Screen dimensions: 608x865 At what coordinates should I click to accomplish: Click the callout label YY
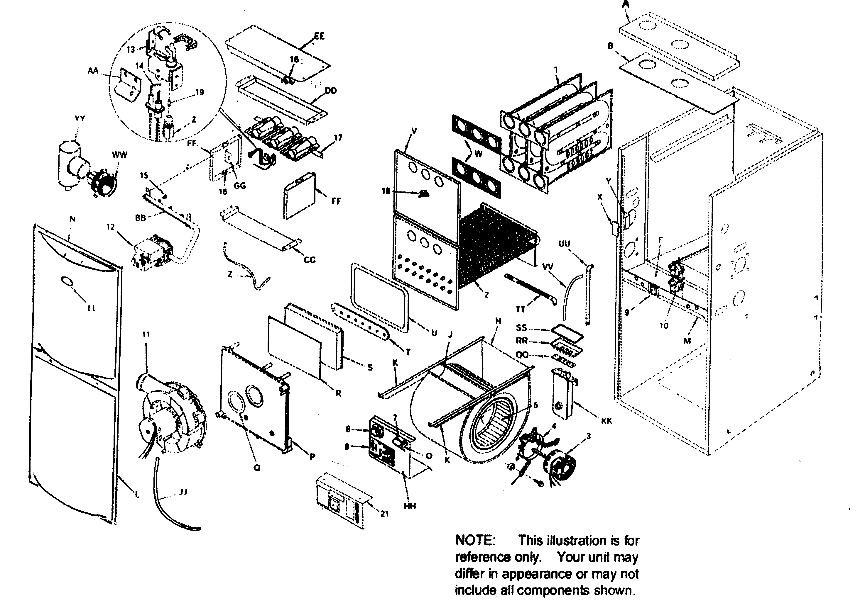(80, 119)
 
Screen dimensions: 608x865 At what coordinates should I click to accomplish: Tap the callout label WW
(120, 155)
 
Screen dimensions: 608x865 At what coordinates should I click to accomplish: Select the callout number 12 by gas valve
(110, 227)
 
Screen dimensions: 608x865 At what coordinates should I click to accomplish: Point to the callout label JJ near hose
(183, 492)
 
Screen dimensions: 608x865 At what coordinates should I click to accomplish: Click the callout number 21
(384, 514)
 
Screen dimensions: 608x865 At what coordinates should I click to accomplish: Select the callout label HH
(410, 506)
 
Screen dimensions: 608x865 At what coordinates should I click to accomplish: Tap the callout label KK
(606, 421)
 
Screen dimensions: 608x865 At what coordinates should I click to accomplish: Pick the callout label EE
(319, 36)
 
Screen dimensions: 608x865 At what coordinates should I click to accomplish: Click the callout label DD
(330, 91)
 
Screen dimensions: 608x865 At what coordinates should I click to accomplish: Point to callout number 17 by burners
(338, 138)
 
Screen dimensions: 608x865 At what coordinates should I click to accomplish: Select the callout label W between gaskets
(479, 154)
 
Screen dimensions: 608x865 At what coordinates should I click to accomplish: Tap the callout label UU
(564, 244)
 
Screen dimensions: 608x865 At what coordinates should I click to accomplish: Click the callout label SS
(522, 328)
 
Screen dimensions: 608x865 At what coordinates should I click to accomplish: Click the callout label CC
(309, 259)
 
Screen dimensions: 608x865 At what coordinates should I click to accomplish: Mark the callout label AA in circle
(93, 70)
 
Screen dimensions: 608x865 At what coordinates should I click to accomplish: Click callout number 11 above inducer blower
(146, 334)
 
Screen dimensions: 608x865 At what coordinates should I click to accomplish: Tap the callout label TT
(520, 310)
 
